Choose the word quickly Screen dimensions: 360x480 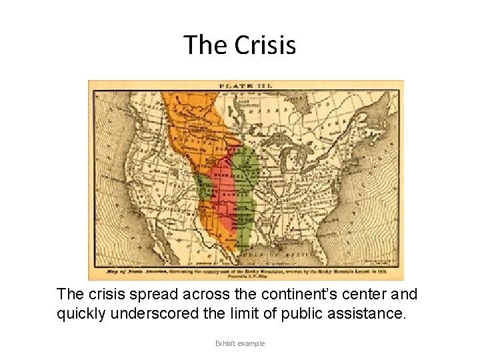[83, 313]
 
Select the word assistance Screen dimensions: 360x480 [371, 313]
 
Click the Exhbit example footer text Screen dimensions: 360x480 [240, 343]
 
